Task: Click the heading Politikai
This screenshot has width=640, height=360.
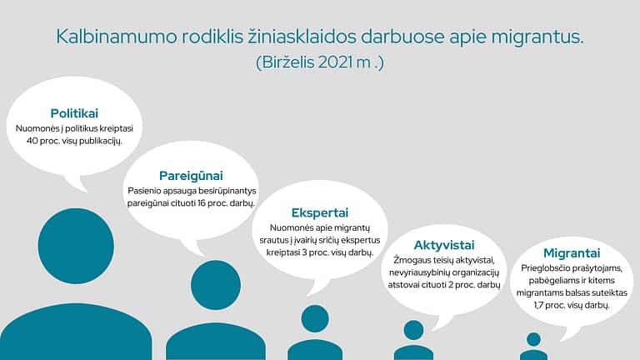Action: tap(74, 113)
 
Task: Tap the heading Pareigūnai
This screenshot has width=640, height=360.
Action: tap(191, 176)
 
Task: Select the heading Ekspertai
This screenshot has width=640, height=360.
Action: tap(320, 212)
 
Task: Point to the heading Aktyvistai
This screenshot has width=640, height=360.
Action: tap(444, 245)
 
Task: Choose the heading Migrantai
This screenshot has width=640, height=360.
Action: tap(572, 253)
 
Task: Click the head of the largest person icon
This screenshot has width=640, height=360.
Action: tap(76, 246)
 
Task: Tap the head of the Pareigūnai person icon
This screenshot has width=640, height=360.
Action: tap(216, 285)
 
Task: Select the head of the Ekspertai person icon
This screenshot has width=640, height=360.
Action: tap(315, 319)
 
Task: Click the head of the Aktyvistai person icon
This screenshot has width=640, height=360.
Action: tap(413, 330)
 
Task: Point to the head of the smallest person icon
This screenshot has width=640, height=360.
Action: tap(533, 340)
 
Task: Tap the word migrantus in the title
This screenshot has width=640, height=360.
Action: tap(537, 37)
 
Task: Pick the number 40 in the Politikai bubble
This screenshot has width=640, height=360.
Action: tap(32, 141)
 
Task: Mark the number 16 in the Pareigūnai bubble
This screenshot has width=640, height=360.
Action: tap(202, 203)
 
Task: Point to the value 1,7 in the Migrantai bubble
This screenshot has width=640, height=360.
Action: tap(540, 305)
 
